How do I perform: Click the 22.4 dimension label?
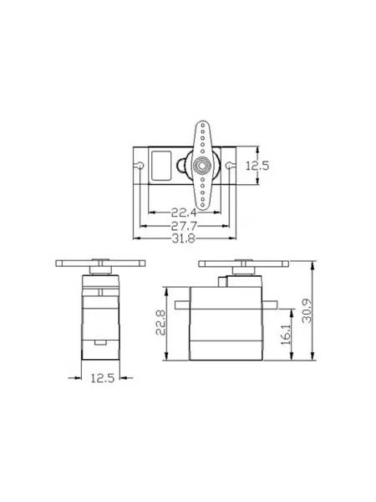tap(184, 212)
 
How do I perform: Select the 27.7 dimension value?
tap(184, 226)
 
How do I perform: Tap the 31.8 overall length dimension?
tap(184, 238)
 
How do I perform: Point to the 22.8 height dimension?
tap(160, 322)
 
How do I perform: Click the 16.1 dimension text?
tap(286, 334)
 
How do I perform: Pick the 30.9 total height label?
tap(307, 310)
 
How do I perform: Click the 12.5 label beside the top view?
tap(257, 166)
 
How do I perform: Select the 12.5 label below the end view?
tap(103, 378)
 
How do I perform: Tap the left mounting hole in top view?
tap(140, 166)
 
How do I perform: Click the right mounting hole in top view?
tap(229, 166)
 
